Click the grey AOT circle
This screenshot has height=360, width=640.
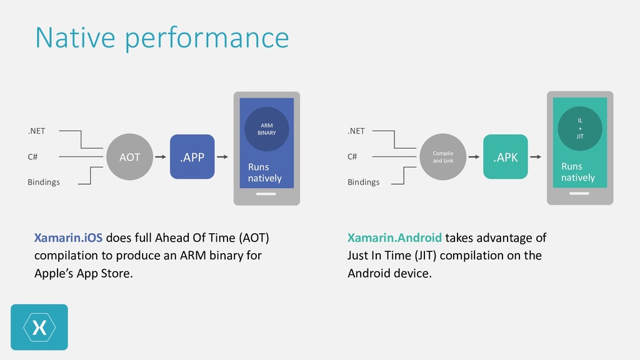(x=130, y=157)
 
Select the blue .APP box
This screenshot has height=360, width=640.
(x=192, y=157)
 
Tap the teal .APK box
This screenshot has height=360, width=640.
(x=505, y=157)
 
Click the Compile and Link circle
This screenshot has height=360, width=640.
(x=442, y=157)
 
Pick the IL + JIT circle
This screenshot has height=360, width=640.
(x=580, y=128)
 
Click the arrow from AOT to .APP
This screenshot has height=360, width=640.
(x=161, y=157)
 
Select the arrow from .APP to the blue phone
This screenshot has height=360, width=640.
(x=224, y=157)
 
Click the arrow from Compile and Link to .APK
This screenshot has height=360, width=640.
(x=474, y=157)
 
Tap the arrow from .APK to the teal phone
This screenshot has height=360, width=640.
(x=537, y=157)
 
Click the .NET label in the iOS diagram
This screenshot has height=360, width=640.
(x=36, y=131)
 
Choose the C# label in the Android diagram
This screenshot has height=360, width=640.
(x=352, y=157)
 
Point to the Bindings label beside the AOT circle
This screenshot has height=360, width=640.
(x=43, y=182)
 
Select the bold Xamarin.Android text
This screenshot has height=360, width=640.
(x=394, y=238)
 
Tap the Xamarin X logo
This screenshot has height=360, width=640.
(x=39, y=327)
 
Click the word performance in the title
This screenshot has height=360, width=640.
(x=206, y=37)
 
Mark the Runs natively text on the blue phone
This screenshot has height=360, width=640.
(x=264, y=172)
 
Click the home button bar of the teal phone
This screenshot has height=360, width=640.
(x=579, y=193)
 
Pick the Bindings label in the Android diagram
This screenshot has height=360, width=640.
(x=363, y=182)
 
